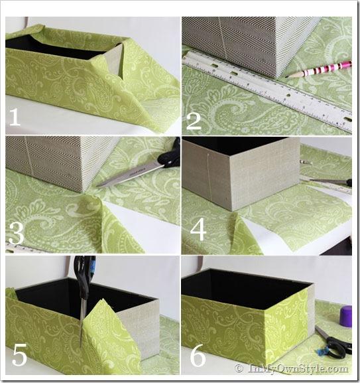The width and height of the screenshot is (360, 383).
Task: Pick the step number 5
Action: [x=20, y=355]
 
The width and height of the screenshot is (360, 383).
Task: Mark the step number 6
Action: [x=198, y=356]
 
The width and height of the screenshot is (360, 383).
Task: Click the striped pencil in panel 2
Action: [x=318, y=70]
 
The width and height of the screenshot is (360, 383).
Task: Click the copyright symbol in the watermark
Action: [x=239, y=368]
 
